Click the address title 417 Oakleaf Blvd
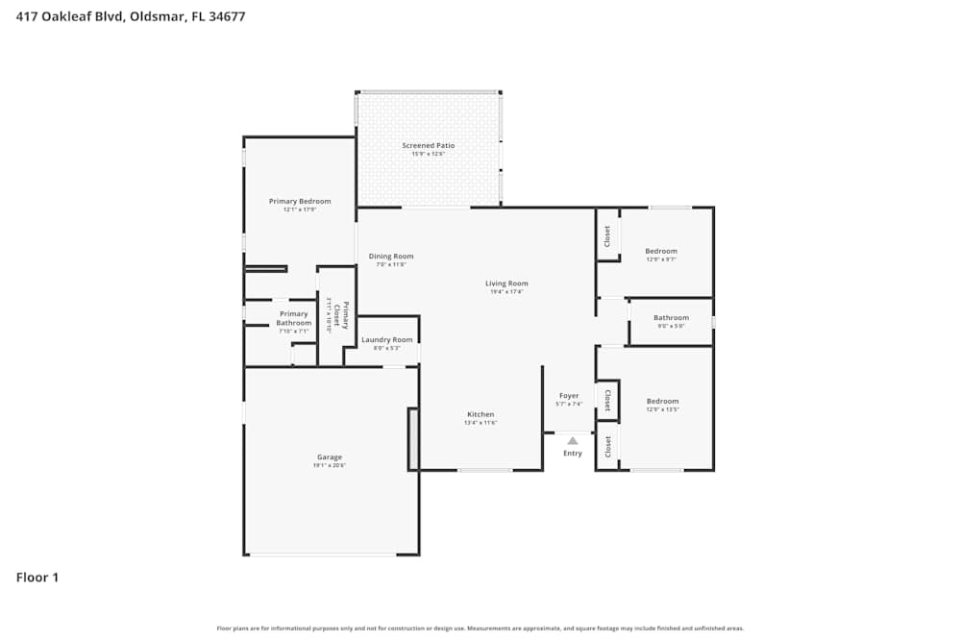point(130,16)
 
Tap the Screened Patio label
point(428,145)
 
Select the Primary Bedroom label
point(300,201)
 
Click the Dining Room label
point(391,256)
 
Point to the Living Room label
point(505,284)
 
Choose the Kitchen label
point(480,414)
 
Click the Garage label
point(330,456)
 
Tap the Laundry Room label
point(386,339)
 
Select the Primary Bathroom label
point(293,318)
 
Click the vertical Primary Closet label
point(343,316)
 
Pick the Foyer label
point(569,395)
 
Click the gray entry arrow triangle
point(572,439)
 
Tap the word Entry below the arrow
point(572,454)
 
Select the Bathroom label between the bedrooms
point(671,317)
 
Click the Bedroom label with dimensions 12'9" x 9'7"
point(661,251)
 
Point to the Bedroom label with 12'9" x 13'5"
point(662,401)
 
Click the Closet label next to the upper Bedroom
point(606,236)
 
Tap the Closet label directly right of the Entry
point(607,446)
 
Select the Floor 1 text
point(37,578)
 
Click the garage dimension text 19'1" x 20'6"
point(330,465)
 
